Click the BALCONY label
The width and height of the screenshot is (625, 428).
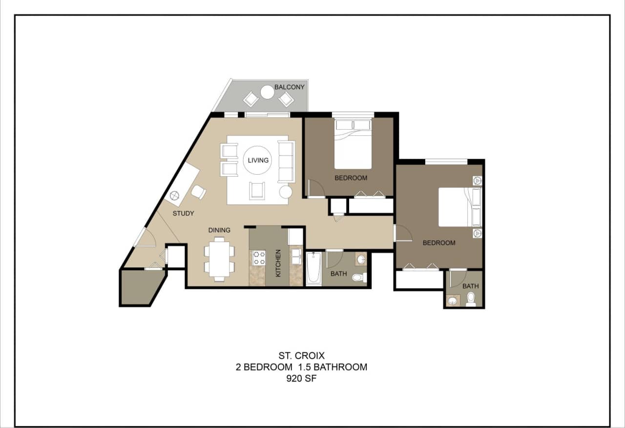289,87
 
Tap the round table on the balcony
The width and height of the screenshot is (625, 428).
267,92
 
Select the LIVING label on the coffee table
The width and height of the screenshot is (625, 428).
258,160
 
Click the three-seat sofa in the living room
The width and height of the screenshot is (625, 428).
286,161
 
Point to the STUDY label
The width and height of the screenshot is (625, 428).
183,213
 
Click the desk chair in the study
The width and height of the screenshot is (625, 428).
198,192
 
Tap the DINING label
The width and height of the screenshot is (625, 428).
219,230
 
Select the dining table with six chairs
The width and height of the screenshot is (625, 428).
219,259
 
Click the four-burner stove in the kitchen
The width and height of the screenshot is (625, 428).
258,258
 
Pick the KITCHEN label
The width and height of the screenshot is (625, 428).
278,264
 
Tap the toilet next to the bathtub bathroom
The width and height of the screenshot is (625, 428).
359,277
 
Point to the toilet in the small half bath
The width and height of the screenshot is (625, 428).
471,299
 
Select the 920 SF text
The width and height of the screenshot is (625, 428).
301,378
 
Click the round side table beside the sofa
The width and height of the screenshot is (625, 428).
285,192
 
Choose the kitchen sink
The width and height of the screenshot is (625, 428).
296,257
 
